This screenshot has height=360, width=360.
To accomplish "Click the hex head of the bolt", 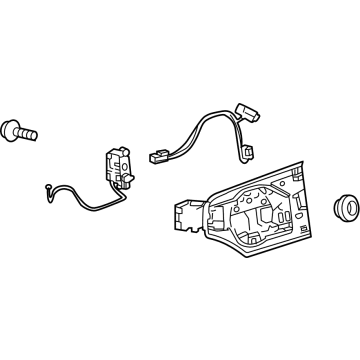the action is click(12, 129).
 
